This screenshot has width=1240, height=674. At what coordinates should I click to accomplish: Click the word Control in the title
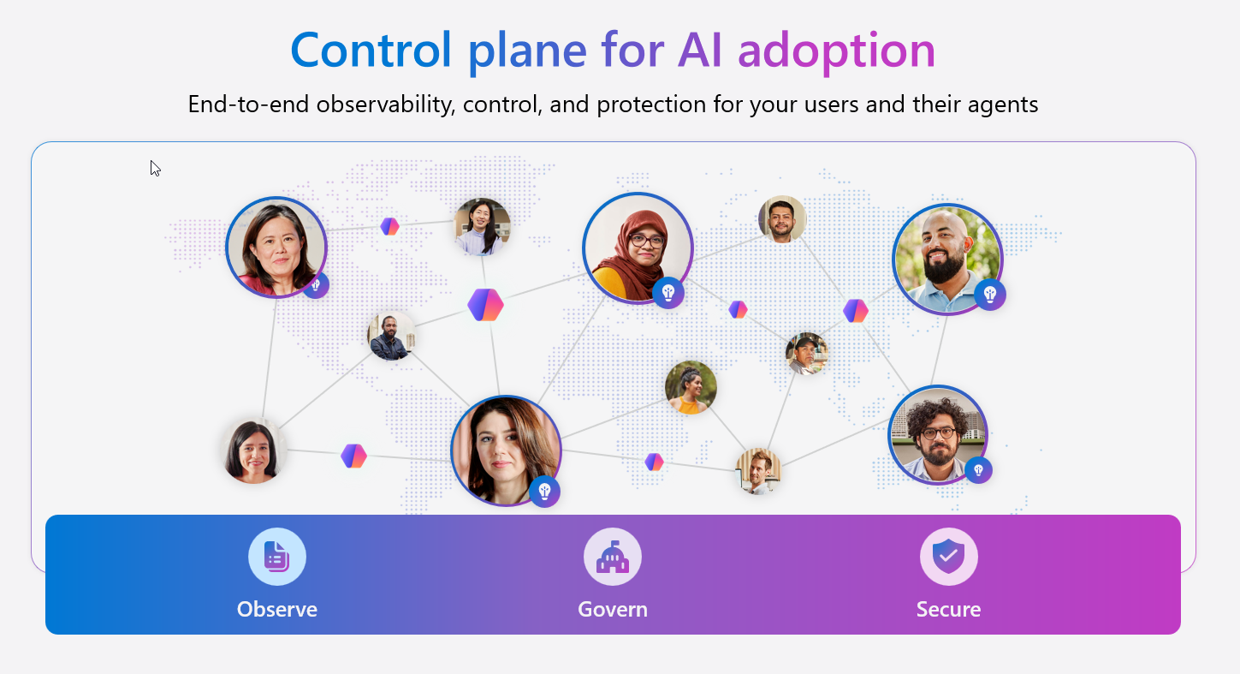pyautogui.click(x=370, y=51)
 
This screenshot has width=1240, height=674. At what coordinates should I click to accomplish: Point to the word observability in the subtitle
pyautogui.click(x=388, y=105)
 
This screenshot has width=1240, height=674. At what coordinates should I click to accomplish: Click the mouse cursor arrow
pyautogui.click(x=155, y=168)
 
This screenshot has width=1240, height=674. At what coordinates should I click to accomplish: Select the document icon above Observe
pyautogui.click(x=276, y=557)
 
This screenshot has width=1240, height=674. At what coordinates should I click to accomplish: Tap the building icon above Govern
pyautogui.click(x=613, y=557)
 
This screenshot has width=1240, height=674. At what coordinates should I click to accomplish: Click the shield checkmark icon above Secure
pyautogui.click(x=948, y=557)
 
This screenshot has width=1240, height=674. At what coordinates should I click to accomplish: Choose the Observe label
pyautogui.click(x=276, y=609)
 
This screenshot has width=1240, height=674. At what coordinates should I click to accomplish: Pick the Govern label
pyautogui.click(x=613, y=609)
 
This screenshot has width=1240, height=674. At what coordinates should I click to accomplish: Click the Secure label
pyautogui.click(x=948, y=609)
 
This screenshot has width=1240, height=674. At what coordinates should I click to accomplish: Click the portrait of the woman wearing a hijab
pyautogui.click(x=637, y=248)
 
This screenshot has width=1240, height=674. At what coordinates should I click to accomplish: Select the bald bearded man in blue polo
pyautogui.click(x=946, y=259)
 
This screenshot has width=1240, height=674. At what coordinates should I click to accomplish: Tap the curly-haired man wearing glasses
pyautogui.click(x=938, y=434)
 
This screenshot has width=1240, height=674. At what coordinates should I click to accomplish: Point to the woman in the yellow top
pyautogui.click(x=691, y=387)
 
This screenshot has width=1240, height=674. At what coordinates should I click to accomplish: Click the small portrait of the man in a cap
pyautogui.click(x=806, y=354)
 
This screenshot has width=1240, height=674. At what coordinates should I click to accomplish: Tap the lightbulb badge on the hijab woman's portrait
pyautogui.click(x=668, y=292)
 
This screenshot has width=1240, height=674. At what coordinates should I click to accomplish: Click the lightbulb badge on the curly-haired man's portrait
pyautogui.click(x=978, y=469)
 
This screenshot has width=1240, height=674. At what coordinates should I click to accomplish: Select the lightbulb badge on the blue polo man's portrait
pyautogui.click(x=990, y=295)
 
